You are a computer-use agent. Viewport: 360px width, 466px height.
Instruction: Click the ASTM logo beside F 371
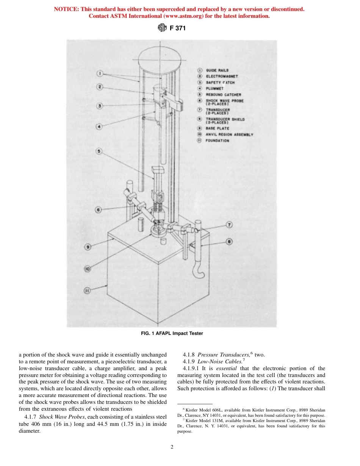pos(162,28)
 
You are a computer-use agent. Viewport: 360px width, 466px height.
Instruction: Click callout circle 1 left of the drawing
pos(98,73)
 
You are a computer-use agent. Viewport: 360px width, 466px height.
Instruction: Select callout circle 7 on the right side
pos(229,225)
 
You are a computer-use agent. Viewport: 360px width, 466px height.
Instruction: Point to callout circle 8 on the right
pos(229,241)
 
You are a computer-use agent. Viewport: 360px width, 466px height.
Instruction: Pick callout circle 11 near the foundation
pos(87,291)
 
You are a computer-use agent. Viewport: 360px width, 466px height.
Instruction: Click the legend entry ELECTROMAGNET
pos(222,76)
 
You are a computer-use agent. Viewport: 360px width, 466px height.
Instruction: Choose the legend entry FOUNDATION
pos(217,141)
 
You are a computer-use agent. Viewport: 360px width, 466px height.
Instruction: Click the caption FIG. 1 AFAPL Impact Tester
pos(172,333)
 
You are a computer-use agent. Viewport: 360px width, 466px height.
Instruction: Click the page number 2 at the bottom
pos(172,447)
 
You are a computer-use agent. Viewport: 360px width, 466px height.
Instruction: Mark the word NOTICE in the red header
pos(67,9)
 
